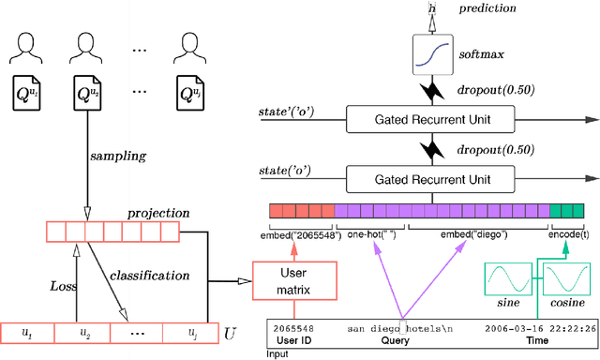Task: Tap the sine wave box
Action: (506, 278)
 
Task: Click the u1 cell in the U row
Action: (27, 333)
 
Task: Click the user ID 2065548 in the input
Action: (292, 329)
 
